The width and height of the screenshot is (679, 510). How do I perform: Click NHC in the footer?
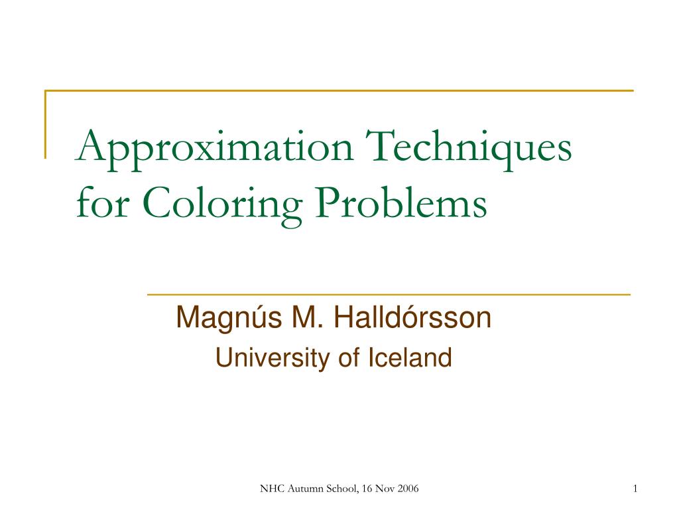271,489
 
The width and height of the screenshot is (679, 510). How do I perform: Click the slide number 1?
635,489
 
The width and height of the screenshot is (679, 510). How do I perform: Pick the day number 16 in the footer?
369,489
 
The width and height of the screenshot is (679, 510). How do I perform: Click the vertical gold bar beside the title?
46,124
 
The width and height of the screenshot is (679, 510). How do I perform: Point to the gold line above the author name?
388,294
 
